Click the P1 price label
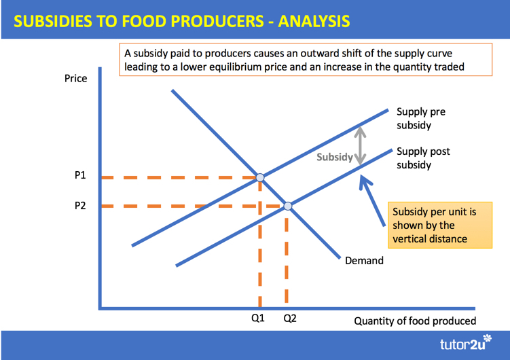[80, 175]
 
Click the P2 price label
[80, 206]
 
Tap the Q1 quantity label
[258, 318]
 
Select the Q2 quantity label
[290, 318]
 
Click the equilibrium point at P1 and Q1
[260, 177]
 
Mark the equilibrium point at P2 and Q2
[288, 206]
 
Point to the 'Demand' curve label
[364, 260]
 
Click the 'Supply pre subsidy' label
[421, 118]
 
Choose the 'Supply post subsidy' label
[423, 158]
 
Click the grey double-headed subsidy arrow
[360, 145]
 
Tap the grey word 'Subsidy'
[335, 157]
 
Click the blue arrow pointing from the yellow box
[372, 200]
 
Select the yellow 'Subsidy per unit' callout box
[440, 225]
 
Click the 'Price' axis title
[76, 78]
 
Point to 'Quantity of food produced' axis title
[415, 321]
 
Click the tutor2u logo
[466, 343]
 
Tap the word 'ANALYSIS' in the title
[314, 22]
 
